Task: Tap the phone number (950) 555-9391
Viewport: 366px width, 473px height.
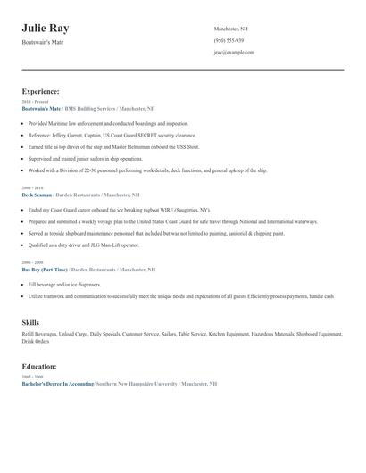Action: coord(229,40)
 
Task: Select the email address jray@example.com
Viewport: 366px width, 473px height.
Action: coord(234,53)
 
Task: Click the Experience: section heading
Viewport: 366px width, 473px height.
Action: coord(40,91)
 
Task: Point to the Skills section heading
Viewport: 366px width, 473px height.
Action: coord(29,321)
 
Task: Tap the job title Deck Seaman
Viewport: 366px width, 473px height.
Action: coord(37,194)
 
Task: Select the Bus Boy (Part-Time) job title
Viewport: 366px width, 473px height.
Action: coord(44,269)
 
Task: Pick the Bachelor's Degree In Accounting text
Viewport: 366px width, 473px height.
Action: coord(57,382)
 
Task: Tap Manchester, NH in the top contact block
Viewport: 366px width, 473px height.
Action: coord(232,29)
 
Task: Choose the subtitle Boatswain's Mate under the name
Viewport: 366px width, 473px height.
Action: coord(43,42)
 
